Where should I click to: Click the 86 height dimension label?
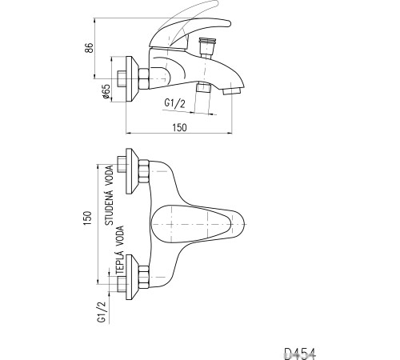point(90,48)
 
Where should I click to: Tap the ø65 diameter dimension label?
point(106,92)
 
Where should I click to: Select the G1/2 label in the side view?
point(174,103)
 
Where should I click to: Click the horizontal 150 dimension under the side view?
point(179,127)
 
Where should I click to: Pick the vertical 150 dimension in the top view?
point(87,218)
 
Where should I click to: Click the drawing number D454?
point(300,354)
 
